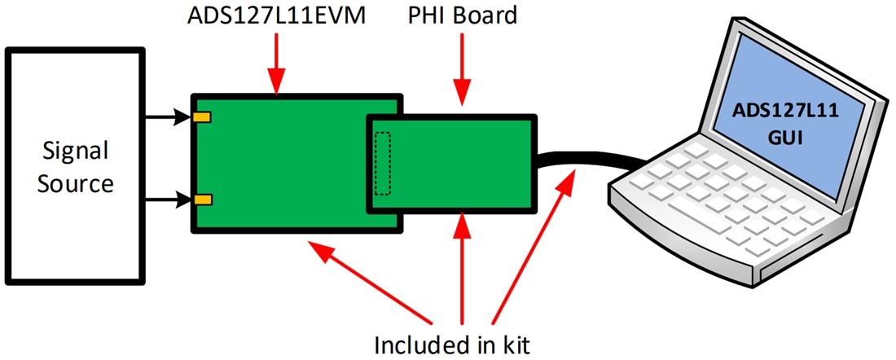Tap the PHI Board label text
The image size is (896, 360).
pyautogui.click(x=463, y=15)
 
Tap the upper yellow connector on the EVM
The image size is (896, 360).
pyautogui.click(x=202, y=118)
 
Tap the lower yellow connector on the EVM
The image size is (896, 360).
pyautogui.click(x=202, y=200)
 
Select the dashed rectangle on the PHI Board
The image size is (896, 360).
pyautogui.click(x=382, y=164)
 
